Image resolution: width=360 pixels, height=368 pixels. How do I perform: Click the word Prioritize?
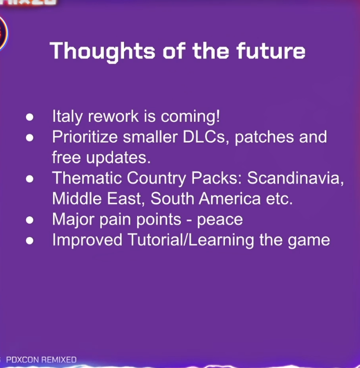pos(85,137)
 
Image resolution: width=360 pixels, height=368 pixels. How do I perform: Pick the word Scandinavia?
pos(296,178)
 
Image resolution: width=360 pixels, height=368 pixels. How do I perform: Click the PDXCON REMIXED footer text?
pos(41,360)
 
